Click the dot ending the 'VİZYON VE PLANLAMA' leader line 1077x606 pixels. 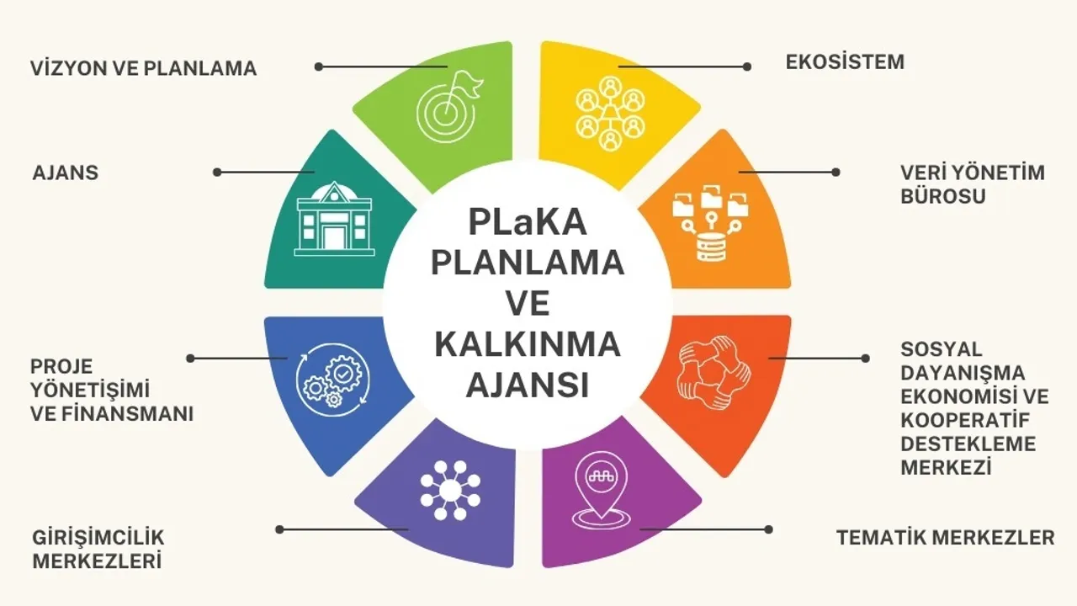click(x=319, y=66)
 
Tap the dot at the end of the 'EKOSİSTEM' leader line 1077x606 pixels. click(x=746, y=66)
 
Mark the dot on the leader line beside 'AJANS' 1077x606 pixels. click(x=217, y=173)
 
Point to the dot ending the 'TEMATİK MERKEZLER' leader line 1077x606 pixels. click(x=768, y=529)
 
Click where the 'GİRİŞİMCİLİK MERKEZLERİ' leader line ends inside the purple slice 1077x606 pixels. click(x=408, y=529)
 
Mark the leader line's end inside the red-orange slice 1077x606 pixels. click(x=769, y=359)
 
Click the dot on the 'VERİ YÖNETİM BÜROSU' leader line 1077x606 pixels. click(x=836, y=173)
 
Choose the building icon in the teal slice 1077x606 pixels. click(x=335, y=219)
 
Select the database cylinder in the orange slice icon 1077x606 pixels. click(x=712, y=247)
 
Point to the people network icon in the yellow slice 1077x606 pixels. click(x=611, y=114)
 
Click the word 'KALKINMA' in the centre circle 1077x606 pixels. click(x=528, y=344)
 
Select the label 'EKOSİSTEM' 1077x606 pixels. click(x=846, y=62)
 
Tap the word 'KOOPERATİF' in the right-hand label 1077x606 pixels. click(x=965, y=420)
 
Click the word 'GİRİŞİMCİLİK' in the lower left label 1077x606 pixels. click(x=98, y=538)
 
